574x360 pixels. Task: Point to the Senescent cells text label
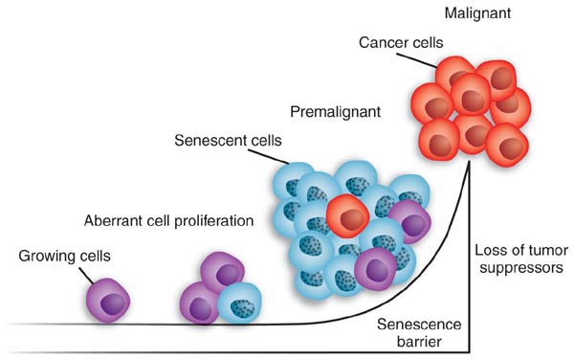pos(223,140)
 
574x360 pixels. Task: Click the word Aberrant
pos(114,220)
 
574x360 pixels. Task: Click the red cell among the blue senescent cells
pos(348,218)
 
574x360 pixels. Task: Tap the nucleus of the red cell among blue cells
pos(351,219)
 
